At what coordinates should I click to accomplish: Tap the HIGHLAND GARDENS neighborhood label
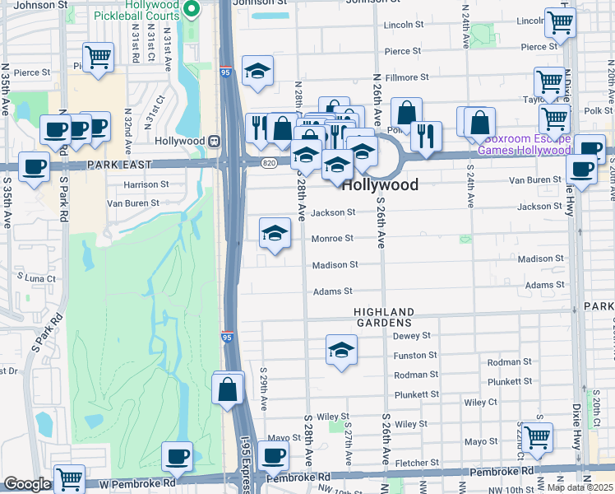[x=385, y=317]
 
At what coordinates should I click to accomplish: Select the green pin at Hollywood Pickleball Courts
[x=192, y=10]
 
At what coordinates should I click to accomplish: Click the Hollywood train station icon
[x=213, y=141]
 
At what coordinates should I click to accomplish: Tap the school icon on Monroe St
[x=275, y=234]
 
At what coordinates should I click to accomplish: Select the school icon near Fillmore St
[x=257, y=72]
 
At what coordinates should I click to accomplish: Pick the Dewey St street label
[x=412, y=336]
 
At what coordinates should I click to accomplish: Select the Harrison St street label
[x=146, y=184]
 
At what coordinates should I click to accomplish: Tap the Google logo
[x=27, y=484]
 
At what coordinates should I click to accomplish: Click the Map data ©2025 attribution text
[x=578, y=487]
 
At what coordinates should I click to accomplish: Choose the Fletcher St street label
[x=418, y=463]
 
